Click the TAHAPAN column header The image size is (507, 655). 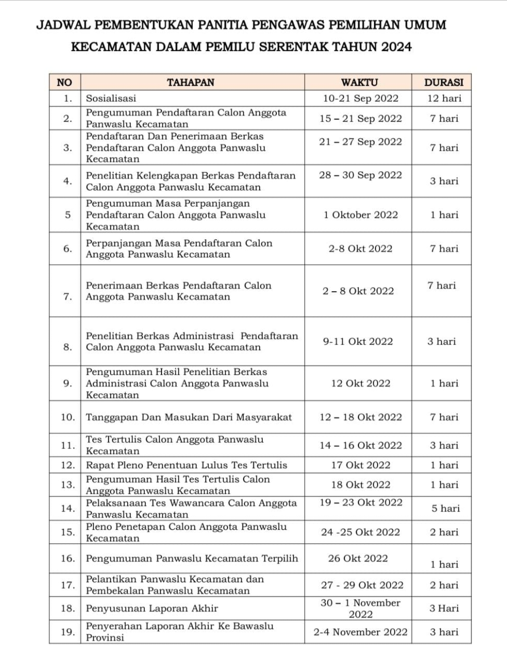[191, 82]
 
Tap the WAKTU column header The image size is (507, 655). [359, 82]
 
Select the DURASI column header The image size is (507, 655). [444, 82]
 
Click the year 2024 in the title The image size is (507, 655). [396, 47]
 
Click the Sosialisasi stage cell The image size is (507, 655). [111, 98]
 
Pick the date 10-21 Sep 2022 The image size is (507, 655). [361, 98]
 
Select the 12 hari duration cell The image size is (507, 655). [444, 98]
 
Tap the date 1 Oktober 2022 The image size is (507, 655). [361, 215]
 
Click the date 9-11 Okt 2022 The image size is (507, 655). [358, 342]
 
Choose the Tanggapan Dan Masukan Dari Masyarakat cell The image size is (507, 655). [189, 417]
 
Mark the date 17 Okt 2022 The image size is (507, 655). [361, 465]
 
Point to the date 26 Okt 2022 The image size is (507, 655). [358, 558]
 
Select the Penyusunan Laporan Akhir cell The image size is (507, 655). [152, 608]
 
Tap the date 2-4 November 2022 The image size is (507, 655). [361, 632]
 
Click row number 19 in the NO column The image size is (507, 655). [68, 632]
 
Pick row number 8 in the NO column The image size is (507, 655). [68, 347]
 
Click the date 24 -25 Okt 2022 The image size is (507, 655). [361, 532]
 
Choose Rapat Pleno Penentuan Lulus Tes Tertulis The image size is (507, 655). [186, 465]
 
